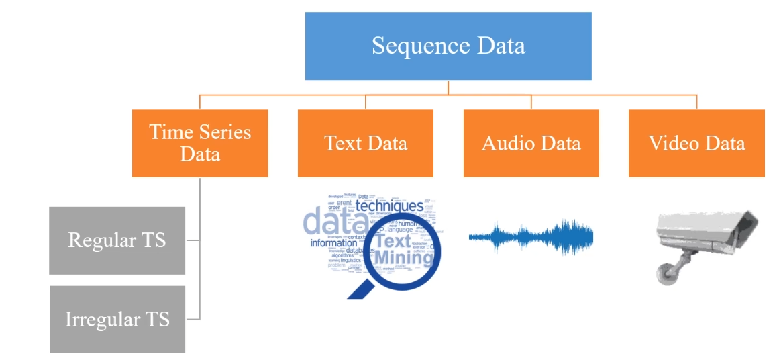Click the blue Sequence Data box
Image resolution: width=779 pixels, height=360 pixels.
pyautogui.click(x=448, y=46)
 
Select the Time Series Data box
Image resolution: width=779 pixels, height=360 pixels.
pyautogui.click(x=200, y=143)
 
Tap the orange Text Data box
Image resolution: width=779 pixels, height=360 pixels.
pyautogui.click(x=366, y=143)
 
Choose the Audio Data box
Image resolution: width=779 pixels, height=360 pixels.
pyautogui.click(x=531, y=143)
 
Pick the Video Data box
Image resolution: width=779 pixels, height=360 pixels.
pyautogui.click(x=696, y=143)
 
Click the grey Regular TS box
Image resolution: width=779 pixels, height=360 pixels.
pyautogui.click(x=117, y=240)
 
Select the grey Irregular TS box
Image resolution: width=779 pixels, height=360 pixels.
pyautogui.click(x=117, y=319)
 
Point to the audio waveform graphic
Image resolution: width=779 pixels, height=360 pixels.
pyautogui.click(x=531, y=236)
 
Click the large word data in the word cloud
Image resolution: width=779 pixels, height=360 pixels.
pyautogui.click(x=328, y=220)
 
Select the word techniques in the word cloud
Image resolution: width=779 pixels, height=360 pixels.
pyautogui.click(x=389, y=206)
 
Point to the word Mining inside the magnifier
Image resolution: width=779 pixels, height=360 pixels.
pyautogui.click(x=403, y=257)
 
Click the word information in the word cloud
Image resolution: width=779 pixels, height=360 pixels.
pyautogui.click(x=333, y=243)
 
